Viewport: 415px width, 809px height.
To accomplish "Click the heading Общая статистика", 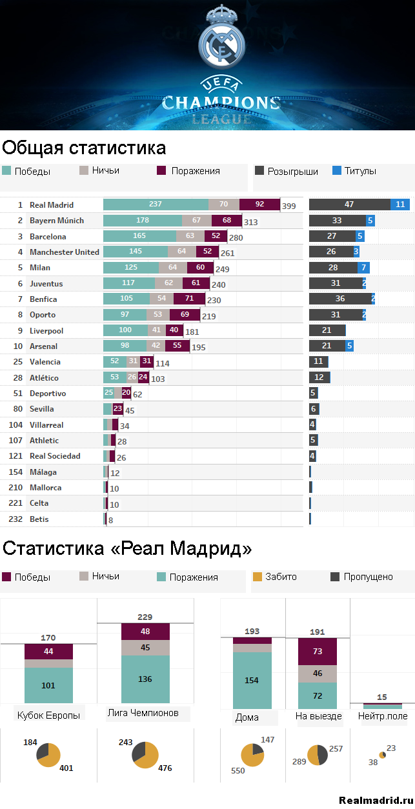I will [x=84, y=148].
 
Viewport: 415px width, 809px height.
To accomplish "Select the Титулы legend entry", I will [x=354, y=171].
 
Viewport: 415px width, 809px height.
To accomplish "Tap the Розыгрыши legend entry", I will [x=287, y=171].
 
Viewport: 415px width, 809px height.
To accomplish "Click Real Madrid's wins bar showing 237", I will [x=156, y=205].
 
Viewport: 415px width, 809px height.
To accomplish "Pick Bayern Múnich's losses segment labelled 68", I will [x=227, y=221].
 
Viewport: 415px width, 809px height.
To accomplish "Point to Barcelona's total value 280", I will [x=235, y=238].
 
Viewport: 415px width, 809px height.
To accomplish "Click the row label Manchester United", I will [x=65, y=252].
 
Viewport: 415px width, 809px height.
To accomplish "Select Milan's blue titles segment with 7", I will [x=364, y=268].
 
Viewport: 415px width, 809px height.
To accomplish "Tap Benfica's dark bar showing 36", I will [x=340, y=299].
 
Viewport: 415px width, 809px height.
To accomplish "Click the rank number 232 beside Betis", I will [x=15, y=519].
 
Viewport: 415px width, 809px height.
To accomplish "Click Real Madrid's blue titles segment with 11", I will [x=400, y=205].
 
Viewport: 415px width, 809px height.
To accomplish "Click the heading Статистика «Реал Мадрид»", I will [x=127, y=549].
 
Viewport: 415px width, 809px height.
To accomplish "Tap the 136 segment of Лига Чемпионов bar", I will [x=145, y=679].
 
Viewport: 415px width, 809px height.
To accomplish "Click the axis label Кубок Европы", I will [x=49, y=715].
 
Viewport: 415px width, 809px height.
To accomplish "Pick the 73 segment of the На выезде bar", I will [x=317, y=652].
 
